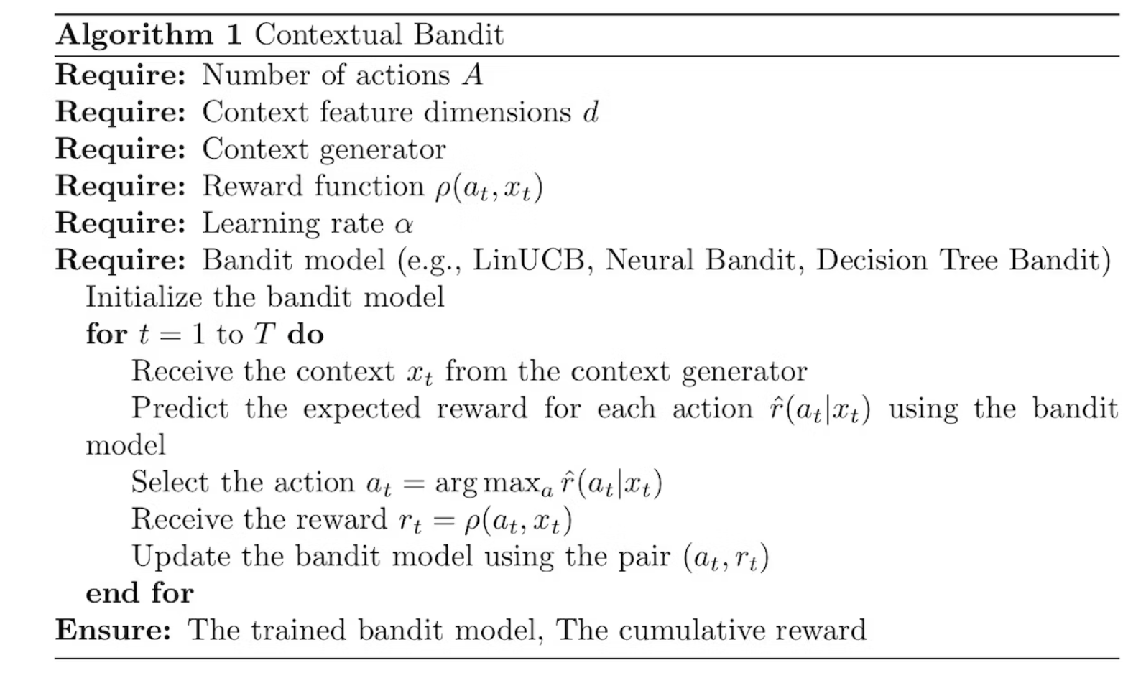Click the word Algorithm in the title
pyautogui.click(x=134, y=34)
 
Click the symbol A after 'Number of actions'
pyautogui.click(x=472, y=75)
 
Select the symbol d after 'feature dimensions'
pyautogui.click(x=591, y=111)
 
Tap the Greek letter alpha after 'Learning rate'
pyautogui.click(x=404, y=223)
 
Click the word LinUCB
pyautogui.click(x=529, y=259)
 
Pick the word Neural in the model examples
pyautogui.click(x=650, y=259)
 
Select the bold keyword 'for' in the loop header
pyautogui.click(x=106, y=334)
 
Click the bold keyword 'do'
pyautogui.click(x=305, y=334)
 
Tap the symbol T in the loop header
pyautogui.click(x=264, y=334)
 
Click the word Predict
pyautogui.click(x=180, y=408)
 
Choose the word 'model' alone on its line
pyautogui.click(x=125, y=445)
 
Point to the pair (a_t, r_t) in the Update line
pyautogui.click(x=726, y=557)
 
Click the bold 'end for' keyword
pyautogui.click(x=139, y=593)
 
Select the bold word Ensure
pyautogui.click(x=113, y=630)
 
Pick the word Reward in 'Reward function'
pyautogui.click(x=252, y=186)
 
